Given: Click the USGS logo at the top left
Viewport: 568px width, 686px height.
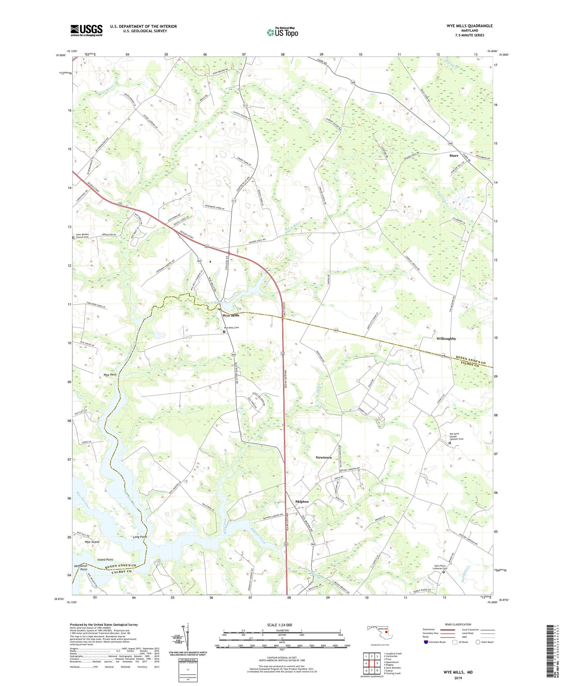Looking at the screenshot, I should (86, 30).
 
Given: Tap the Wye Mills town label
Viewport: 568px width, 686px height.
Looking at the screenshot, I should (231, 315).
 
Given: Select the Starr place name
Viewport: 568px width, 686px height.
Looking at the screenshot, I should (454, 156).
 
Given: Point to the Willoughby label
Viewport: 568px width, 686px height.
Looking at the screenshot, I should (446, 338).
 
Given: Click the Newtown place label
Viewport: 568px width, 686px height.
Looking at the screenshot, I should (324, 457).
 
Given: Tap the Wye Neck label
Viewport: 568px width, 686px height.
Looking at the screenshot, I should (110, 375).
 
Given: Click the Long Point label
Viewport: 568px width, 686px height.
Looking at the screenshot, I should (140, 537).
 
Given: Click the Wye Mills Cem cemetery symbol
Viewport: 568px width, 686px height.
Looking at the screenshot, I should (224, 332).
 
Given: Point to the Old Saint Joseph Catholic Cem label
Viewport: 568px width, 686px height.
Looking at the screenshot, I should (456, 437).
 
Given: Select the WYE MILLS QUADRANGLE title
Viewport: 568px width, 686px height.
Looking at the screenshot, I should (464, 26).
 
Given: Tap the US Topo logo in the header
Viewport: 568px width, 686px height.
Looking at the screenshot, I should (282, 32).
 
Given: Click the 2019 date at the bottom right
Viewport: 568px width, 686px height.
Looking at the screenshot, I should (458, 678).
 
